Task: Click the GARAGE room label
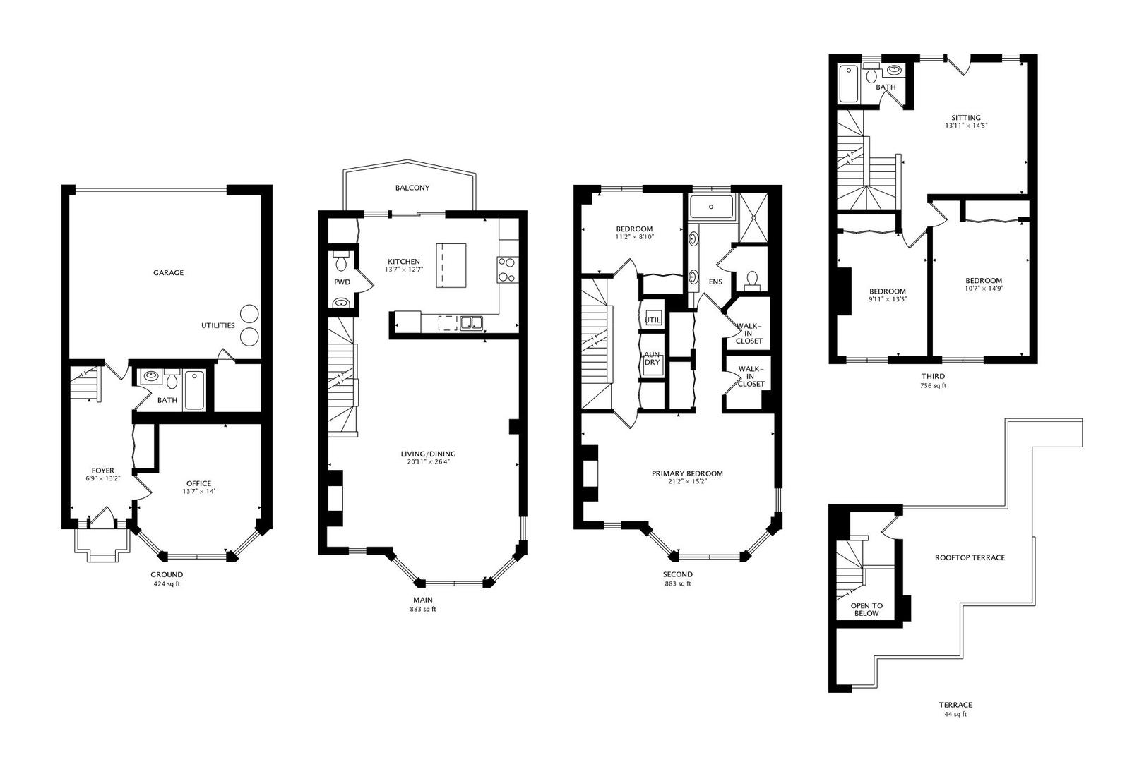[168, 273]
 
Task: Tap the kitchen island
[451, 265]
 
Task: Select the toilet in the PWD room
[340, 261]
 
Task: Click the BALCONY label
[412, 188]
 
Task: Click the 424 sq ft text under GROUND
[167, 584]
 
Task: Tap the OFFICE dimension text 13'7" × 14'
[198, 492]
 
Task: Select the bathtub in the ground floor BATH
[194, 390]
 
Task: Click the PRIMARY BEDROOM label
[687, 473]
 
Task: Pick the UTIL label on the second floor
[653, 320]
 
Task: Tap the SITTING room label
[966, 117]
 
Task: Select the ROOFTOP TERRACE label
[970, 557]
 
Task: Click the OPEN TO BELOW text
[866, 610]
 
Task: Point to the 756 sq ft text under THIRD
[933, 386]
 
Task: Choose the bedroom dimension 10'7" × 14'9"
[984, 289]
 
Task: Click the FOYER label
[102, 471]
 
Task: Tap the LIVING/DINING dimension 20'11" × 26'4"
[428, 462]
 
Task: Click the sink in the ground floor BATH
[150, 377]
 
